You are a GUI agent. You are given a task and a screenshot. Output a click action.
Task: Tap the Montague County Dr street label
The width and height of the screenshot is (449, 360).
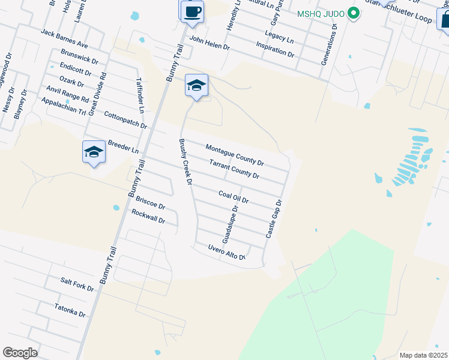click(235, 155)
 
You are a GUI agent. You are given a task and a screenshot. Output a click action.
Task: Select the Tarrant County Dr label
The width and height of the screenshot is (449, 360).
click(234, 169)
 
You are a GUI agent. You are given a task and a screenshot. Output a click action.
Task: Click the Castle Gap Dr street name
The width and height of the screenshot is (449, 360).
click(274, 218)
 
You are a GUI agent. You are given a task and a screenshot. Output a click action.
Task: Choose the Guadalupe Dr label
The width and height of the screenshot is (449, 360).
click(231, 224)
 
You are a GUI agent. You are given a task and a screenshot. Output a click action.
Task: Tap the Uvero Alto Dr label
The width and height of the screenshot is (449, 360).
click(227, 253)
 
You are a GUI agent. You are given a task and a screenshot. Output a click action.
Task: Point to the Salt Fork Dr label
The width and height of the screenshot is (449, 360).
click(77, 284)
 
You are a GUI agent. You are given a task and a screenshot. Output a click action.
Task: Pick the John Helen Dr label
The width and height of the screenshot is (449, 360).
click(209, 43)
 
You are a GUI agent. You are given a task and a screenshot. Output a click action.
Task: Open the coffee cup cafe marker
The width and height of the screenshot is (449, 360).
click(192, 11)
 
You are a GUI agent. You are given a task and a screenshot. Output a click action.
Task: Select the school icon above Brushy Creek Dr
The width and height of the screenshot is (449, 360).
click(196, 86)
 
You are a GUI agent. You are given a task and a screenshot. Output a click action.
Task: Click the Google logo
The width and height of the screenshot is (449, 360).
click(20, 353)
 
